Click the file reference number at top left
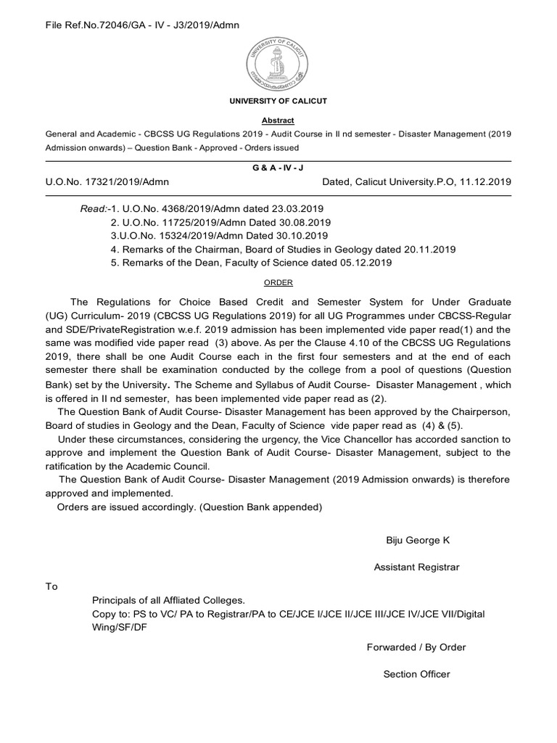(143, 25)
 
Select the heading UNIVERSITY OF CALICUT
(278, 101)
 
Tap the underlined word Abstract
(278, 120)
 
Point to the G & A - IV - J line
(278, 166)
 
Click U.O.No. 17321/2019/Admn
(107, 181)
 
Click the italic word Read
(92, 210)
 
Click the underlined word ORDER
(278, 283)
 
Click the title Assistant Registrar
(416, 567)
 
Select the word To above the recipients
(51, 586)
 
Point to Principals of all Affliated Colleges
(168, 600)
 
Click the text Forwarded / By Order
(416, 646)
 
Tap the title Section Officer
(416, 674)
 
